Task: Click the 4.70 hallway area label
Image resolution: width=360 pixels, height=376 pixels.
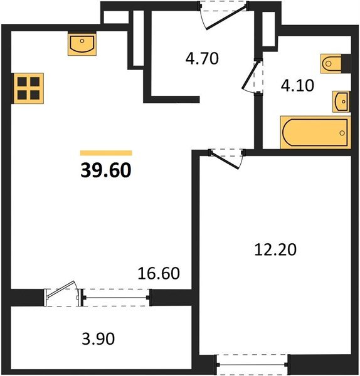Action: coord(201,60)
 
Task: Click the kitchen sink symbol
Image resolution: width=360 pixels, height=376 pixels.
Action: coord(82,44)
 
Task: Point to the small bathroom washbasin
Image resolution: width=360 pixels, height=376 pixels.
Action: coord(341,100)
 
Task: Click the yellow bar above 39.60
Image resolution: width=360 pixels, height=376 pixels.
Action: coord(106,152)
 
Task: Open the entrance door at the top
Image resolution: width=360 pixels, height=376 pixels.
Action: coord(217,16)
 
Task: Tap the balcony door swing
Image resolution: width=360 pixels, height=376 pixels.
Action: coord(63,293)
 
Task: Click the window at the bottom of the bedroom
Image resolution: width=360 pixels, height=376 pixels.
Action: coord(253,363)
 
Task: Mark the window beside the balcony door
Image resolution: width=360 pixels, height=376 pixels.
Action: coord(116,296)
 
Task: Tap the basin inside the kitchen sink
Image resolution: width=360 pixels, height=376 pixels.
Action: coord(82,46)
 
